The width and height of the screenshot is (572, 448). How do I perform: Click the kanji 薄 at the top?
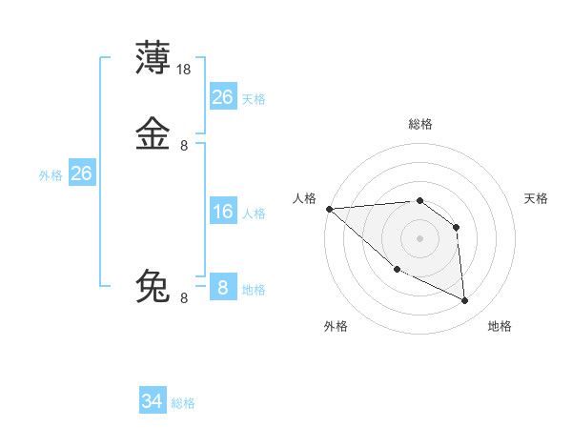coord(153,58)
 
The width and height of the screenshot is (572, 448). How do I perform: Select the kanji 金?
coord(153,134)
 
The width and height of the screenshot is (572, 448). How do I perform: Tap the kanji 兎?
coord(153,286)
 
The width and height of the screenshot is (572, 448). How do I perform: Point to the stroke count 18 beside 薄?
coord(185,69)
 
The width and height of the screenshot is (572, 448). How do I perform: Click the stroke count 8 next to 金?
coord(184,145)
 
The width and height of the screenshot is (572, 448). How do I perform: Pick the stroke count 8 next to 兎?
coord(184,297)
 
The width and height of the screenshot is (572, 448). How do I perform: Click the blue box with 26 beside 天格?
coord(222,97)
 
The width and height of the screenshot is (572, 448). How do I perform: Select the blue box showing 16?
coord(222,212)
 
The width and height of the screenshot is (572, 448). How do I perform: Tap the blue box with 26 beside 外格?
coord(82,173)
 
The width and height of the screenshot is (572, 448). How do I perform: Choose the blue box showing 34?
coord(153,401)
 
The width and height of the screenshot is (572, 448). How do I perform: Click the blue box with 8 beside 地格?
coord(222,287)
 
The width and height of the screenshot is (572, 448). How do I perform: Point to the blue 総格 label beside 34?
coord(183,403)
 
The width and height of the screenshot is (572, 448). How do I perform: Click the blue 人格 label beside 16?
coord(254,214)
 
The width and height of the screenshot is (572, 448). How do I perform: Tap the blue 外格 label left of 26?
coord(51,175)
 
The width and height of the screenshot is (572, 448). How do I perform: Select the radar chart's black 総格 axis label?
coord(419,124)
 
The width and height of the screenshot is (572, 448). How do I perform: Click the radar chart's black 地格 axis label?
coord(500,326)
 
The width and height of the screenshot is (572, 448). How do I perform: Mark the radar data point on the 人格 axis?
coord(329,209)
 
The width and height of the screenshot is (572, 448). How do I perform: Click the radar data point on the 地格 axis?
coord(465,300)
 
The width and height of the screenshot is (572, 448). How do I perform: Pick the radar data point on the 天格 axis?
coord(457,227)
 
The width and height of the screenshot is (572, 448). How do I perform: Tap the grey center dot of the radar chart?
coord(419,238)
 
